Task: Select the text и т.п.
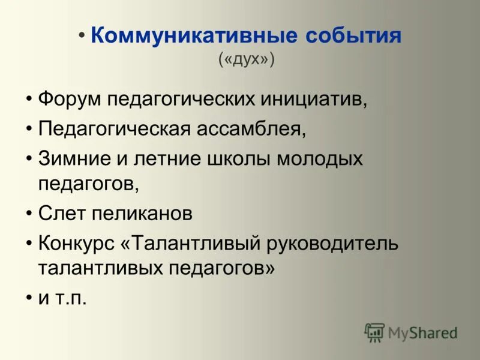click(62, 298)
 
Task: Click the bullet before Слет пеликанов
click(30, 212)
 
